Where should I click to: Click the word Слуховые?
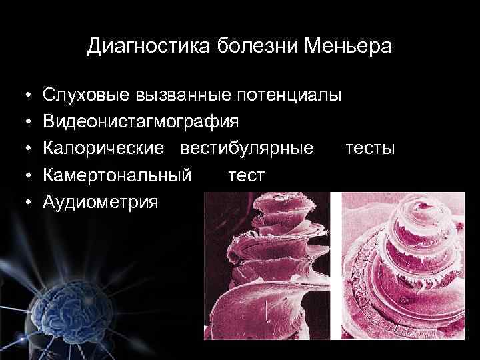[x=84, y=95]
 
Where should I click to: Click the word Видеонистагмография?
[x=140, y=122]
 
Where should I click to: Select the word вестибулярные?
[x=247, y=149]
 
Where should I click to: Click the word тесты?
[x=370, y=149]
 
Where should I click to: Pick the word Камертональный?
[x=117, y=175]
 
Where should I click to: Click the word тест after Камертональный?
[x=247, y=175]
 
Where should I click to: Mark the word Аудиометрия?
[x=101, y=202]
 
